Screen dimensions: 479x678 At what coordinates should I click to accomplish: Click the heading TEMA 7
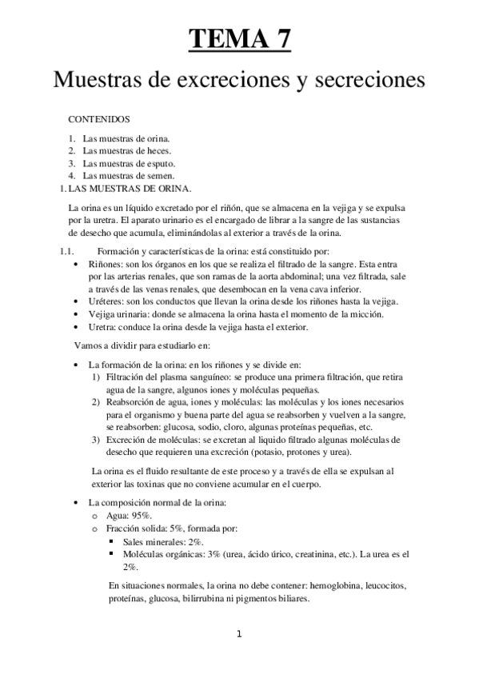239,38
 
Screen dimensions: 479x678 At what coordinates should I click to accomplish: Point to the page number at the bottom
238,635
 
